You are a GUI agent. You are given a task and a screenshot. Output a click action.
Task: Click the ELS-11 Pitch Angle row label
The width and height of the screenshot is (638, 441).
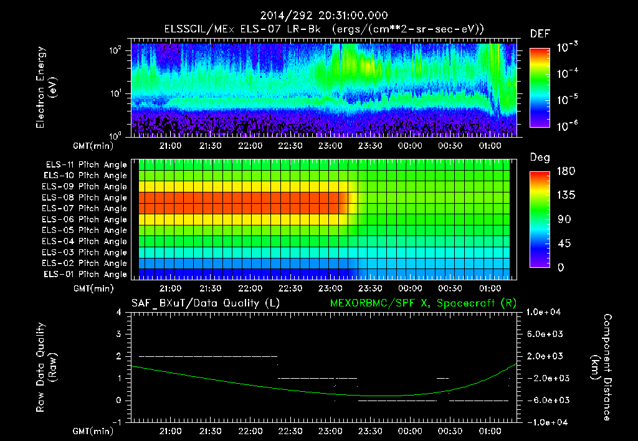point(84,164)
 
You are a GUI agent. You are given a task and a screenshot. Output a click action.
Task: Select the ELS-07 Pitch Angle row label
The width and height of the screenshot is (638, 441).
point(84,208)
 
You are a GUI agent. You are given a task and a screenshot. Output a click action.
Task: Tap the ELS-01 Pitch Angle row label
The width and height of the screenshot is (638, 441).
point(84,274)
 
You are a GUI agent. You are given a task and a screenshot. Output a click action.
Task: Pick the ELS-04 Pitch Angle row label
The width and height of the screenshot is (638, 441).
point(84,241)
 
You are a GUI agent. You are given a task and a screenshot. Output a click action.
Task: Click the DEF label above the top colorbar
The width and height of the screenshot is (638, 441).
point(540,34)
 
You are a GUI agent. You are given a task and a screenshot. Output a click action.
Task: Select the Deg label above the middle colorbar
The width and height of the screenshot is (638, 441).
point(540,158)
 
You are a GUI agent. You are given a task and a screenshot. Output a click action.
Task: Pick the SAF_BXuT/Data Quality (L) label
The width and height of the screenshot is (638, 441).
point(205,303)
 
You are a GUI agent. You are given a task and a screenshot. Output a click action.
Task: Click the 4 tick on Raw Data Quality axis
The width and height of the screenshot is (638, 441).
point(118,312)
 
